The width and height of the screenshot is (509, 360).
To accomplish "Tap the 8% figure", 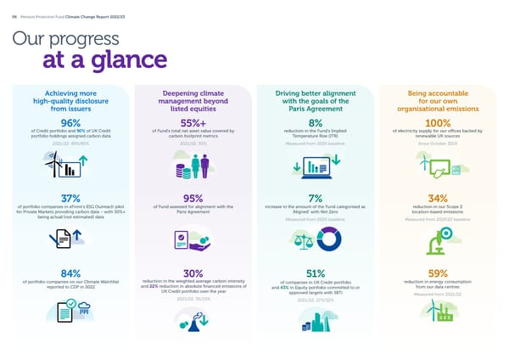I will [316, 122].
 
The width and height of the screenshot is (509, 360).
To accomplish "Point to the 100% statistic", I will [438, 122].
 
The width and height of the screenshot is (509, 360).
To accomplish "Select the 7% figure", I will [316, 199].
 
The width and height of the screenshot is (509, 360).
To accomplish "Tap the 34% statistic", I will [438, 199].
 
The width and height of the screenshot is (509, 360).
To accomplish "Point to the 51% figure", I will [316, 273].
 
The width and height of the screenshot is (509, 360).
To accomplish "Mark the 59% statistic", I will [438, 273].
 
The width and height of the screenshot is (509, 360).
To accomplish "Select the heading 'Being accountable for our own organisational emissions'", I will [438, 100].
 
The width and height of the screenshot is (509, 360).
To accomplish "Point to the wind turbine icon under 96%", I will [64, 167].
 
